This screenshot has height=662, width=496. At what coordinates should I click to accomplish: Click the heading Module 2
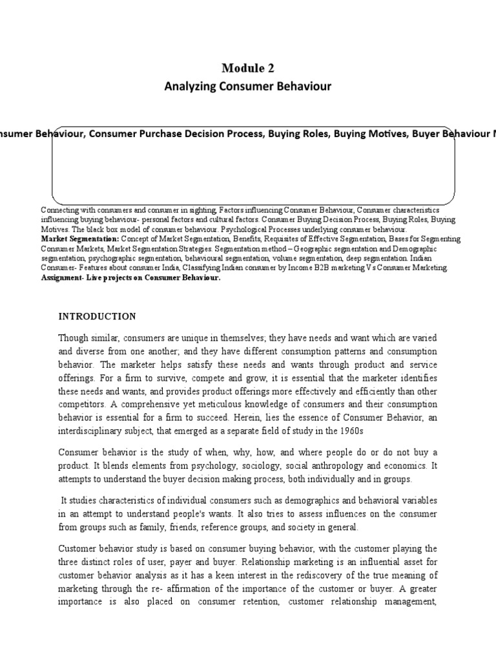pyautogui.click(x=247, y=69)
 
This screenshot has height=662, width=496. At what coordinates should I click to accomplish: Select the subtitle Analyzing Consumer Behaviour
pyautogui.click(x=247, y=87)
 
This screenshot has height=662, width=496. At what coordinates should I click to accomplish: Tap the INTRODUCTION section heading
pyautogui.click(x=98, y=316)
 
